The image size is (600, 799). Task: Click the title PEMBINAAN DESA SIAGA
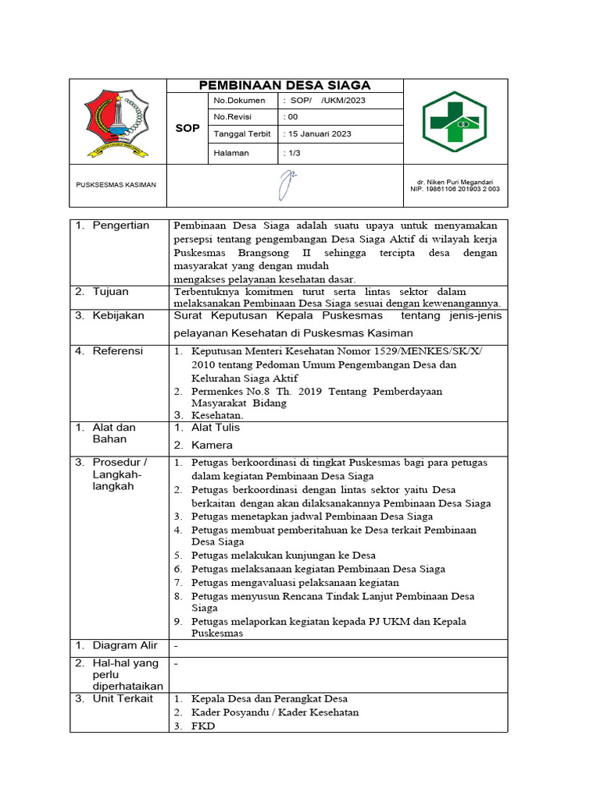(x=284, y=85)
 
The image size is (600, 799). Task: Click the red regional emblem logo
(x=118, y=123)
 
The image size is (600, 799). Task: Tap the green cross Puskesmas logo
(x=454, y=122)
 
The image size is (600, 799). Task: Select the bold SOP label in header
(x=187, y=128)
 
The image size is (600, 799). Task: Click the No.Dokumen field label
(x=240, y=101)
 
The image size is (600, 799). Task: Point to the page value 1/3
(x=294, y=153)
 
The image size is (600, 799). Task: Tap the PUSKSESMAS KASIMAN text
(x=116, y=185)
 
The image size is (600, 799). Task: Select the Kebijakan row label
(x=118, y=315)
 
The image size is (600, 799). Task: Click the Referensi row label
(x=118, y=351)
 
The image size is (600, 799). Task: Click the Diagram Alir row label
(x=124, y=645)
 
